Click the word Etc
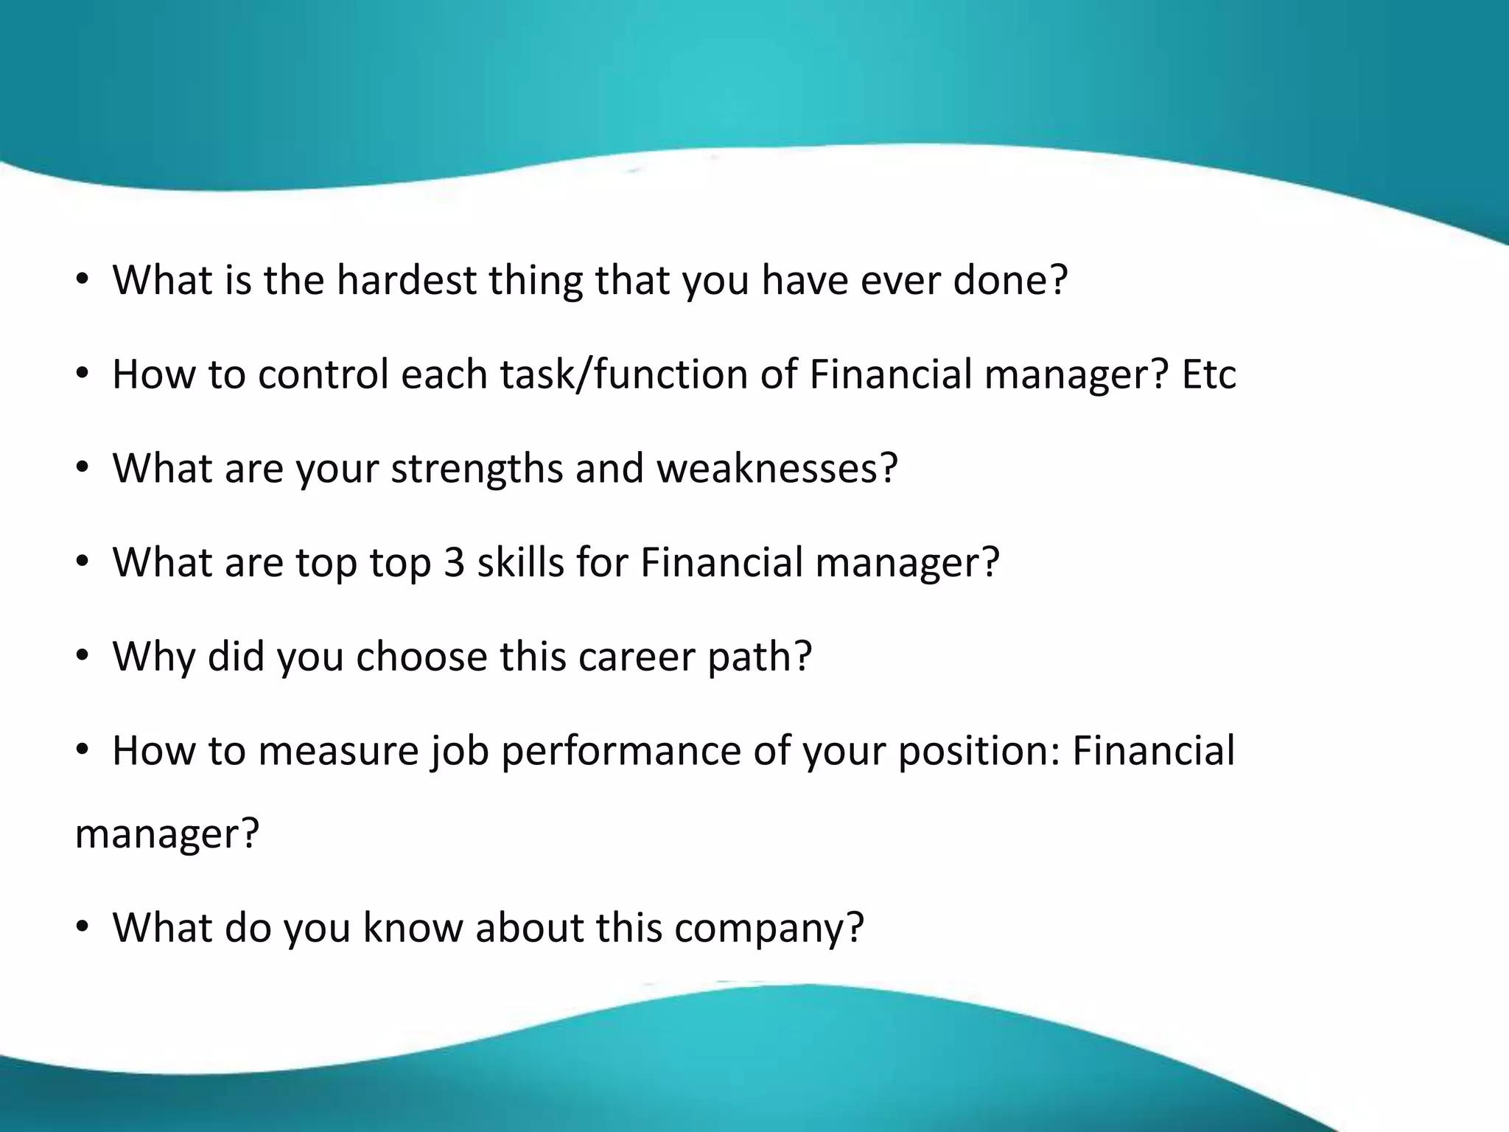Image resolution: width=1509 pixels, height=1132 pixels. coord(1209,374)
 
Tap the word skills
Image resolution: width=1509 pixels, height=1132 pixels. coord(520,563)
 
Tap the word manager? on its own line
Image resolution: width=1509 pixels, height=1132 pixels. coord(167,834)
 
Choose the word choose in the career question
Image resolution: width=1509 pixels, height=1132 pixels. coord(421,657)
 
